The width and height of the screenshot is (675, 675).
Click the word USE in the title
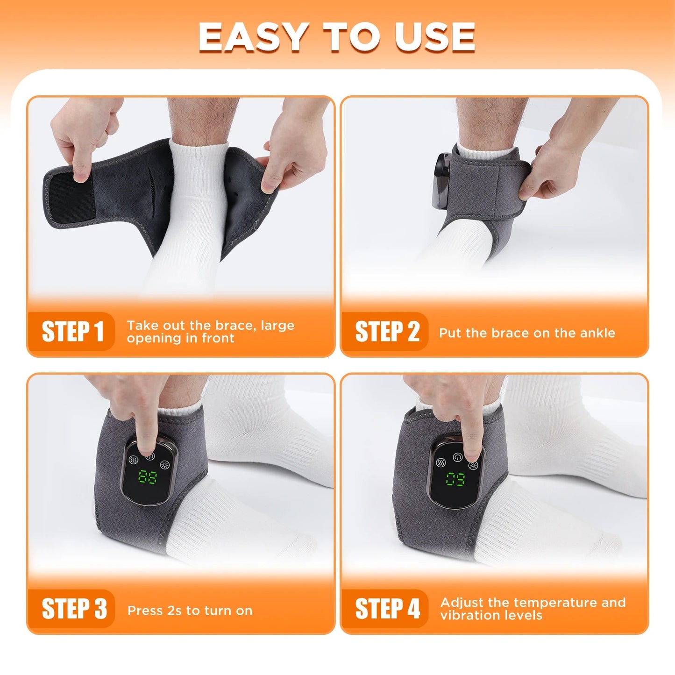[435, 37]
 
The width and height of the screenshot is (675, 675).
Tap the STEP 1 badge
[72, 332]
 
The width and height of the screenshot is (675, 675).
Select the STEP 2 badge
[387, 332]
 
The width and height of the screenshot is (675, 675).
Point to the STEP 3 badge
[74, 609]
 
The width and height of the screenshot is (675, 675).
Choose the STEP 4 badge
[387, 609]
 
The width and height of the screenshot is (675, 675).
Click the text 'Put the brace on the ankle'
[527, 333]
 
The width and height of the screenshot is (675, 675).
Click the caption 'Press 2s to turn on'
[190, 611]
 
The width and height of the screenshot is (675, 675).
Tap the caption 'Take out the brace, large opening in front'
[210, 332]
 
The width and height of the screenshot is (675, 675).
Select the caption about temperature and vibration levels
[533, 609]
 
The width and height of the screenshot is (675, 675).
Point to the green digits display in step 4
[455, 479]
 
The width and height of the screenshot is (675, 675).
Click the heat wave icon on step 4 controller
[441, 462]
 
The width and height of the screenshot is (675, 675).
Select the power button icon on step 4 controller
[457, 457]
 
